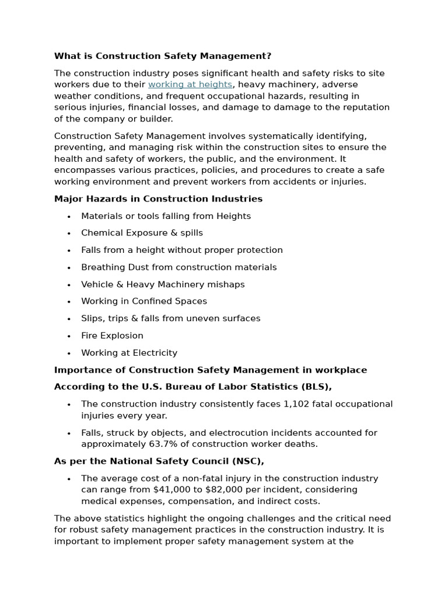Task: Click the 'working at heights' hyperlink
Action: click(190, 85)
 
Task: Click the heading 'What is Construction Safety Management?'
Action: click(163, 56)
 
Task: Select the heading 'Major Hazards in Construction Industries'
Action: click(158, 199)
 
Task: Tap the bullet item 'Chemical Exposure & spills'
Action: click(142, 233)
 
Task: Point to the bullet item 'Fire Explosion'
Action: click(112, 336)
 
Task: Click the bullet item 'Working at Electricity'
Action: click(129, 353)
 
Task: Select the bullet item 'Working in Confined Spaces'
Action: click(143, 301)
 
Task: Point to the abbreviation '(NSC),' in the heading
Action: click(249, 461)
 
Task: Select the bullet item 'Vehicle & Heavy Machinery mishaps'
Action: click(163, 284)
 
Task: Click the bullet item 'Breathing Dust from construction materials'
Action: click(178, 267)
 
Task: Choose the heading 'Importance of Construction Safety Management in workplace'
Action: click(211, 370)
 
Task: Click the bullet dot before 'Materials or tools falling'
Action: click(69, 217)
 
